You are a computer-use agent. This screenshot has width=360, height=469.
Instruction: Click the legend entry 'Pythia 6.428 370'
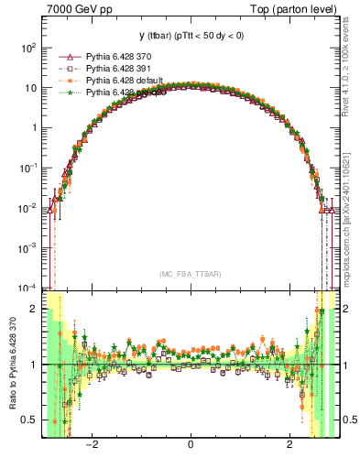(125, 57)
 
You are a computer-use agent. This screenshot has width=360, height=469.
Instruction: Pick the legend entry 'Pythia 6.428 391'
(125, 69)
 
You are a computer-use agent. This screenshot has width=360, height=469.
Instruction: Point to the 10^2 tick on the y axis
(28, 47)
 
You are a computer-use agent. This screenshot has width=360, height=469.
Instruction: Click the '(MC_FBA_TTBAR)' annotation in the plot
(190, 275)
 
